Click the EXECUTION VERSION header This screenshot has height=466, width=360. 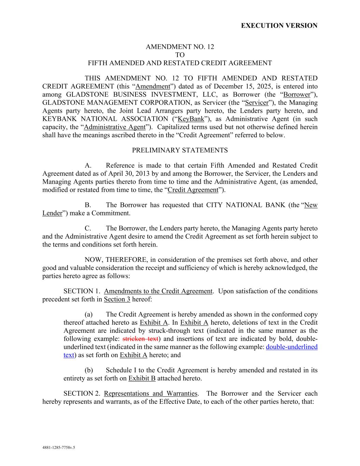pos(279,26)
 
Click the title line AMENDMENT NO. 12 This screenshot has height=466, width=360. pos(180,47)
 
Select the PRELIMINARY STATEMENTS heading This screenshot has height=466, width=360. pos(180,150)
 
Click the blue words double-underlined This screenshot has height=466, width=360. pos(291,347)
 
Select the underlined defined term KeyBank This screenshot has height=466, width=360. pos(191,119)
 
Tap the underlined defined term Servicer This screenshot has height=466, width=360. pos(257,103)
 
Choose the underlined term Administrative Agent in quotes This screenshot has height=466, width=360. pos(115,127)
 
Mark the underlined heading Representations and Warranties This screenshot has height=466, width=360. pos(150,393)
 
